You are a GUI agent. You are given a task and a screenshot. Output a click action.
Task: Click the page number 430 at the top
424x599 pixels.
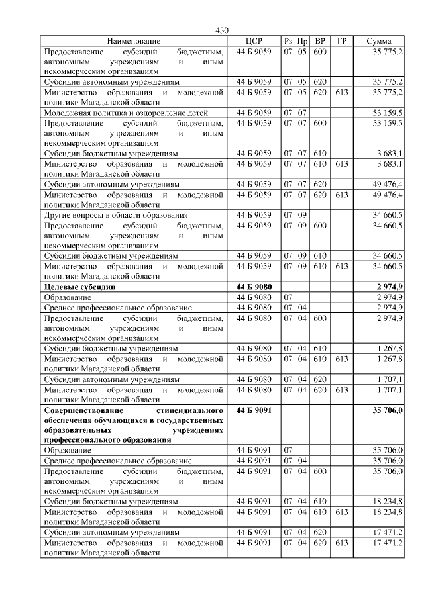point(222,31)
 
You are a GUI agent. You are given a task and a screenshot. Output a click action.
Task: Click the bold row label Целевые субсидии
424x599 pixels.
point(79,287)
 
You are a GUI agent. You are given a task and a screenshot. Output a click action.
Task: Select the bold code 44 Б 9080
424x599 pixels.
point(254,287)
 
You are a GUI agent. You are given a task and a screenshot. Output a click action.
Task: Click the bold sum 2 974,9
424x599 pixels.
point(389,287)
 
